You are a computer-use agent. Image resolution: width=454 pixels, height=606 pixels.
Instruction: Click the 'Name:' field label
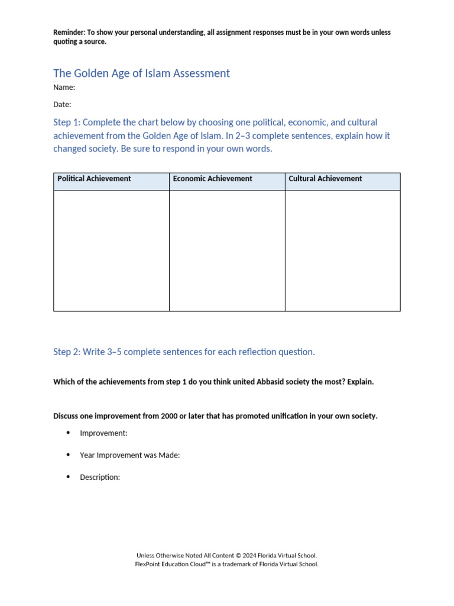pos(64,88)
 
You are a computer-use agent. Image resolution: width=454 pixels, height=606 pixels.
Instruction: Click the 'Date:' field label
pos(62,105)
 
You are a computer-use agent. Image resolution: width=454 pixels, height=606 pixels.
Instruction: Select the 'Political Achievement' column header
pos(94,179)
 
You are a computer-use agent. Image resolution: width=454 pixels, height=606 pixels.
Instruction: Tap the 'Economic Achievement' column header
pos(212,179)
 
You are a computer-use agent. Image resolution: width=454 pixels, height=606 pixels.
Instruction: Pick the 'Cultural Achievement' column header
pos(325,179)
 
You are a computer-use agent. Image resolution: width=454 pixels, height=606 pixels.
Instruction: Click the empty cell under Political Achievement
pos(111,250)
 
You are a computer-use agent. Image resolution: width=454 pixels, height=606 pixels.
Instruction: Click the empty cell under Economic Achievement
pos(227,250)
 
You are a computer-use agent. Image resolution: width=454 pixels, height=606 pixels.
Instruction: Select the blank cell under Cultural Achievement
pos(342,250)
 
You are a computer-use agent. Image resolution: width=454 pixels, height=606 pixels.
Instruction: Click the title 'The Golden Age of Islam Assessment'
pos(141,73)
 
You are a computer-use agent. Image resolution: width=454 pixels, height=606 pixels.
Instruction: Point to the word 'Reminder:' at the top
pos(69,33)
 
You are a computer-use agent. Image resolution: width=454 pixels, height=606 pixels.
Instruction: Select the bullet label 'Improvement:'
pos(103,433)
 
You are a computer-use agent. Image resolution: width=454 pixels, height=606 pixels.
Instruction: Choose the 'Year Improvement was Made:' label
pos(129,455)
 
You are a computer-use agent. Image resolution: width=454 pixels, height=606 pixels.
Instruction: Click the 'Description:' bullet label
pos(100,477)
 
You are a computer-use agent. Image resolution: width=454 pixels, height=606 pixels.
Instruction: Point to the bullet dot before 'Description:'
pos(68,476)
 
